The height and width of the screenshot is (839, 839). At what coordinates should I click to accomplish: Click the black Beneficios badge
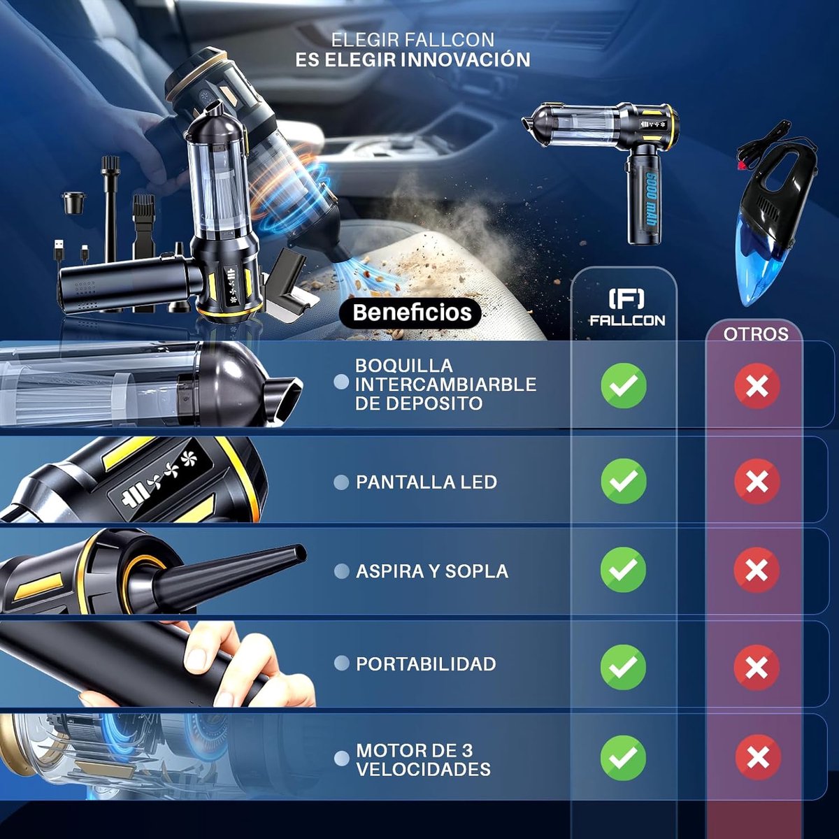(410, 312)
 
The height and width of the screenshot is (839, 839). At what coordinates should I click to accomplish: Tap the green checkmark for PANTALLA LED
(624, 480)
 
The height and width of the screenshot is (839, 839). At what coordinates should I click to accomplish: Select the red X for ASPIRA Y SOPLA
(756, 570)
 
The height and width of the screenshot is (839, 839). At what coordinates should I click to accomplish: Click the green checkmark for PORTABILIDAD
(624, 667)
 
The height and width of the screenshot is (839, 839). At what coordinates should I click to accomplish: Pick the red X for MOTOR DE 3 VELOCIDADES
(758, 758)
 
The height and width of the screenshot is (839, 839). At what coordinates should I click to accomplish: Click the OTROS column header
(756, 334)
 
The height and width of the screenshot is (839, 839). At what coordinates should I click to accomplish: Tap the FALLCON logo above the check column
(627, 308)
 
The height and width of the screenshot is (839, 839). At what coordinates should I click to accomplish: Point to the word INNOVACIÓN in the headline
(465, 59)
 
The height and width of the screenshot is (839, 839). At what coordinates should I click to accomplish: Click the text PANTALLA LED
(426, 482)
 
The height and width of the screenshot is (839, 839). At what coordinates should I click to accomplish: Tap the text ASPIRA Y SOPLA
(432, 571)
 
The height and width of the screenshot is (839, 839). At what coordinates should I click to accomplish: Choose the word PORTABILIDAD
(426, 664)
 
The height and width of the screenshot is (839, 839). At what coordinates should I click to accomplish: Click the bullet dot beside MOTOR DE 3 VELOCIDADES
(341, 758)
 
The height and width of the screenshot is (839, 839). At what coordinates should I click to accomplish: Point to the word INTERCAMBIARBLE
(445, 385)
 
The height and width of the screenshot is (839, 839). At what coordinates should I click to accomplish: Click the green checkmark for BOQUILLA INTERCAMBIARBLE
(624, 385)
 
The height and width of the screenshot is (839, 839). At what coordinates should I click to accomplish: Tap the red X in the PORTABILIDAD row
(756, 667)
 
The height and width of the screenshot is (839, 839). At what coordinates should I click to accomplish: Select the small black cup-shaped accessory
(73, 203)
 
